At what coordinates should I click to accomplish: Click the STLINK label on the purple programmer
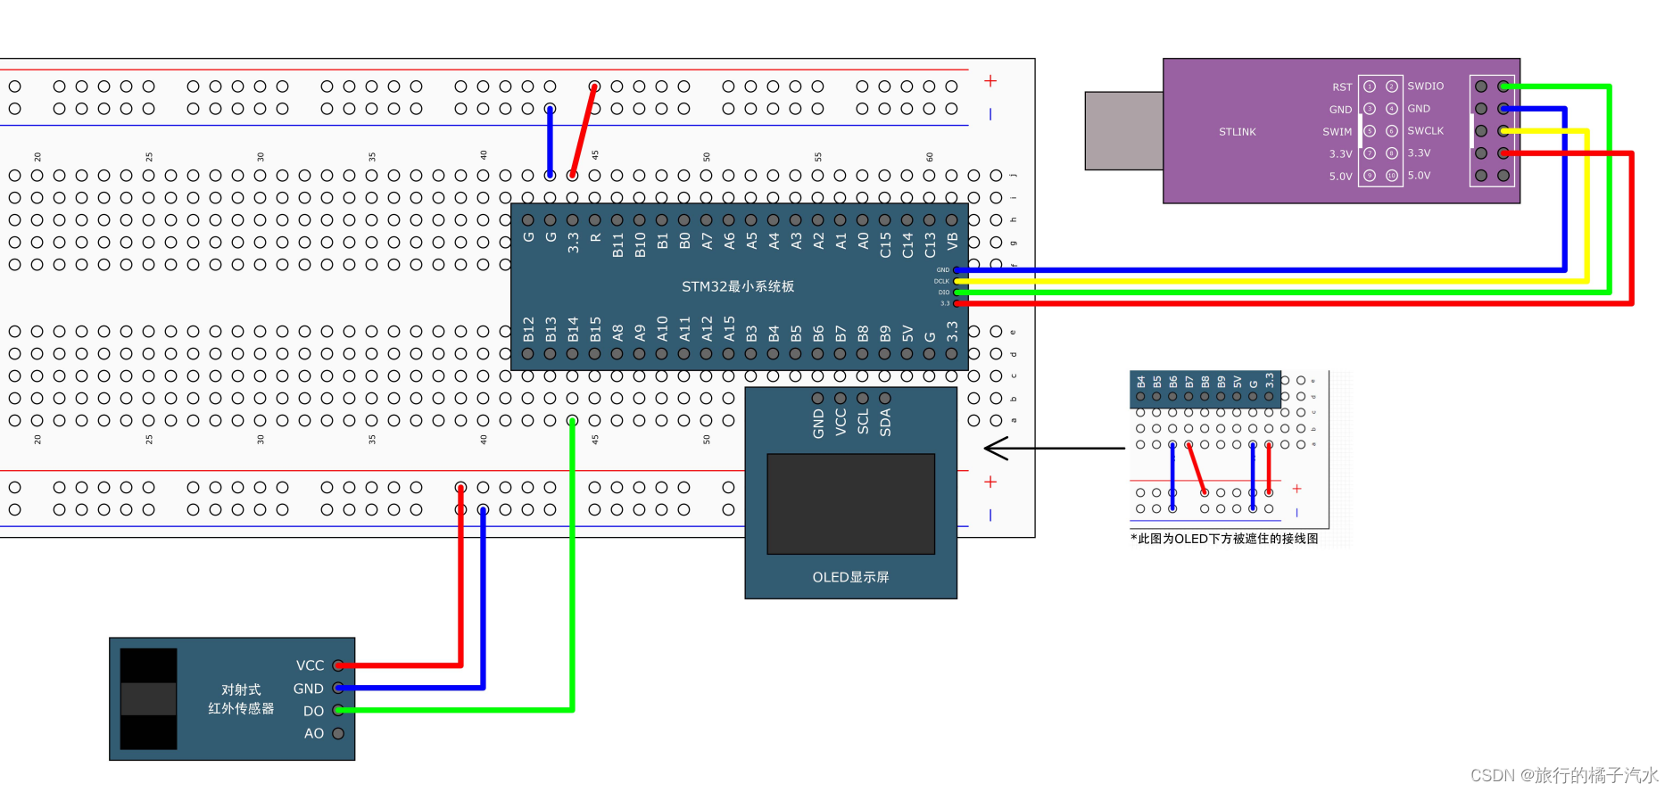(x=1237, y=132)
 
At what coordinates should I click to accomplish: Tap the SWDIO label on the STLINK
(x=1425, y=87)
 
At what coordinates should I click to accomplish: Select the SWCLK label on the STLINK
(x=1425, y=131)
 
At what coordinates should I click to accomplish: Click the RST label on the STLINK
(x=1342, y=87)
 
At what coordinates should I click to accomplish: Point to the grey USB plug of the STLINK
(x=1123, y=130)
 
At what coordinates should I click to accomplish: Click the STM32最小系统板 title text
(x=737, y=286)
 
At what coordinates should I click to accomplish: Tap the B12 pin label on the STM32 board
(x=528, y=329)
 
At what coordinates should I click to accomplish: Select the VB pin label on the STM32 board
(x=952, y=241)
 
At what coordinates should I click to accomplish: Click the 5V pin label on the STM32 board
(x=907, y=334)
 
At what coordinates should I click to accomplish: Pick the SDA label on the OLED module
(x=885, y=422)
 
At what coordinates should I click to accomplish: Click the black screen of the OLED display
(x=850, y=504)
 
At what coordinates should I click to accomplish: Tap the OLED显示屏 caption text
(x=850, y=577)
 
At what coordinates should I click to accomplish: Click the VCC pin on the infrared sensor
(x=338, y=665)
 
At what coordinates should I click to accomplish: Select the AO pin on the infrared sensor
(x=338, y=733)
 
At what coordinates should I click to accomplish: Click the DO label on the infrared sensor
(x=313, y=711)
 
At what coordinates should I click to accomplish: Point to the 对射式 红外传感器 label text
(x=241, y=699)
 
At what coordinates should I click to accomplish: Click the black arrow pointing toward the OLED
(x=1053, y=449)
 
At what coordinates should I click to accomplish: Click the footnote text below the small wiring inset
(x=1224, y=539)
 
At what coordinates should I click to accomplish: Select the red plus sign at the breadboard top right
(x=990, y=81)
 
